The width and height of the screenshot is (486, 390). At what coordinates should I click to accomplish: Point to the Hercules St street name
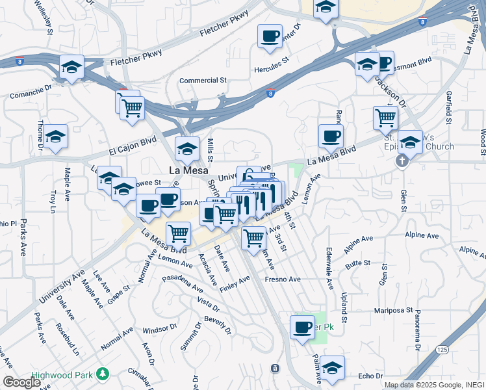[271, 66]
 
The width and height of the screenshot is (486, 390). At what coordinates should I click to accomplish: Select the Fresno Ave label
[283, 279]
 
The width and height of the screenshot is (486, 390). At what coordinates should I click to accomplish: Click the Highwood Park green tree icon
[102, 374]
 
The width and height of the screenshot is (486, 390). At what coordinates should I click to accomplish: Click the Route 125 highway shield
[442, 349]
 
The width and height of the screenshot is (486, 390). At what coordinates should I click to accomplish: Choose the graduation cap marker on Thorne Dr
[56, 136]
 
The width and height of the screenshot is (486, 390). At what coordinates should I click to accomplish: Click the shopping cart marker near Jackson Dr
[385, 118]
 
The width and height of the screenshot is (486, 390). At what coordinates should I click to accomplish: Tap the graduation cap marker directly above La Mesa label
[188, 148]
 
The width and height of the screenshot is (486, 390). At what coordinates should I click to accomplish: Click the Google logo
[21, 382]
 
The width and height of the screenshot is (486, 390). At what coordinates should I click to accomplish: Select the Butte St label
[357, 263]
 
